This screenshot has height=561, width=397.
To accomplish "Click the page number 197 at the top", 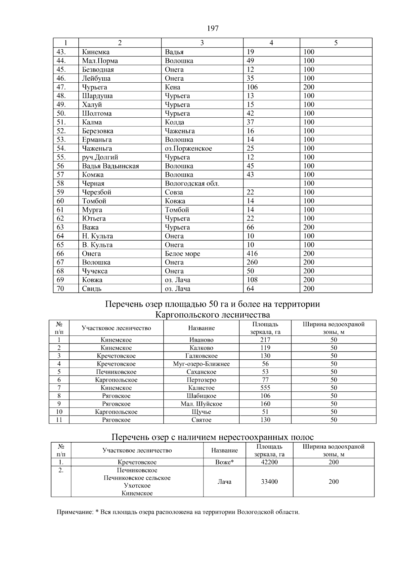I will pyautogui.click(x=213, y=28).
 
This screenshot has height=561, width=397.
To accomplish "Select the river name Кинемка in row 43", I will pyautogui.click(x=96, y=52).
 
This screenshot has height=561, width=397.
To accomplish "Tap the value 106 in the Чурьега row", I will pyautogui.click(x=252, y=87).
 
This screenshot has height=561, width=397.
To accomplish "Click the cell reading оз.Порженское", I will pyautogui.click(x=188, y=148).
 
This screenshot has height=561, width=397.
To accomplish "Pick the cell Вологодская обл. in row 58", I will pyautogui.click(x=192, y=183).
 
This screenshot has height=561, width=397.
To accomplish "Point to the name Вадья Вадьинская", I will pyautogui.click(x=110, y=166).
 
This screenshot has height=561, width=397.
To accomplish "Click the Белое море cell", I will pyautogui.click(x=182, y=254).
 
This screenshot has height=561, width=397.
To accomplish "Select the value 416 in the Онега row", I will pyautogui.click(x=252, y=254).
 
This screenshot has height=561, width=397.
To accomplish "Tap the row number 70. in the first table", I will pyautogui.click(x=60, y=289).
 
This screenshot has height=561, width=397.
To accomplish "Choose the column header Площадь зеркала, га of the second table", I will pyautogui.click(x=265, y=328).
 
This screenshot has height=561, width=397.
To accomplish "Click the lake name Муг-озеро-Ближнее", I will pyautogui.click(x=201, y=364).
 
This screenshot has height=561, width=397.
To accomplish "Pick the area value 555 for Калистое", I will pyautogui.click(x=265, y=388).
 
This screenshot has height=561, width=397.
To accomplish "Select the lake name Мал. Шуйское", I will pyautogui.click(x=201, y=404).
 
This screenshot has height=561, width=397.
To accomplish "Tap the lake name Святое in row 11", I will pyautogui.click(x=201, y=420).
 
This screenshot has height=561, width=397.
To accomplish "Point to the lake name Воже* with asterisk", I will pyautogui.click(x=224, y=462).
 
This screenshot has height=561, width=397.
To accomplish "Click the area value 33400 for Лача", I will pyautogui.click(x=269, y=482).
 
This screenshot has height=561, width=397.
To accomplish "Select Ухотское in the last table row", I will pyautogui.click(x=137, y=486).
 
